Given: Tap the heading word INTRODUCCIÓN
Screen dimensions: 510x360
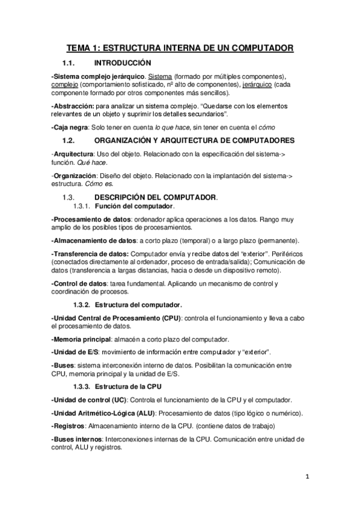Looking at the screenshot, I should [x=123, y=63].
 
